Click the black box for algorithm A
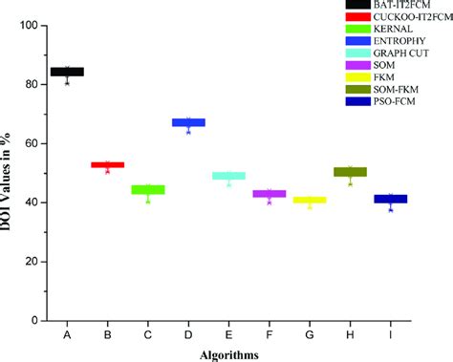(67, 72)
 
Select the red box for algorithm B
(107, 165)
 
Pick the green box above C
(148, 189)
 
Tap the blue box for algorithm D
(188, 122)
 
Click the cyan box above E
(228, 176)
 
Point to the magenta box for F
(269, 194)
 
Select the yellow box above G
(309, 200)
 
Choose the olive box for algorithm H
(350, 172)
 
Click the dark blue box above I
(390, 199)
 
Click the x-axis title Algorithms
(227, 354)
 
